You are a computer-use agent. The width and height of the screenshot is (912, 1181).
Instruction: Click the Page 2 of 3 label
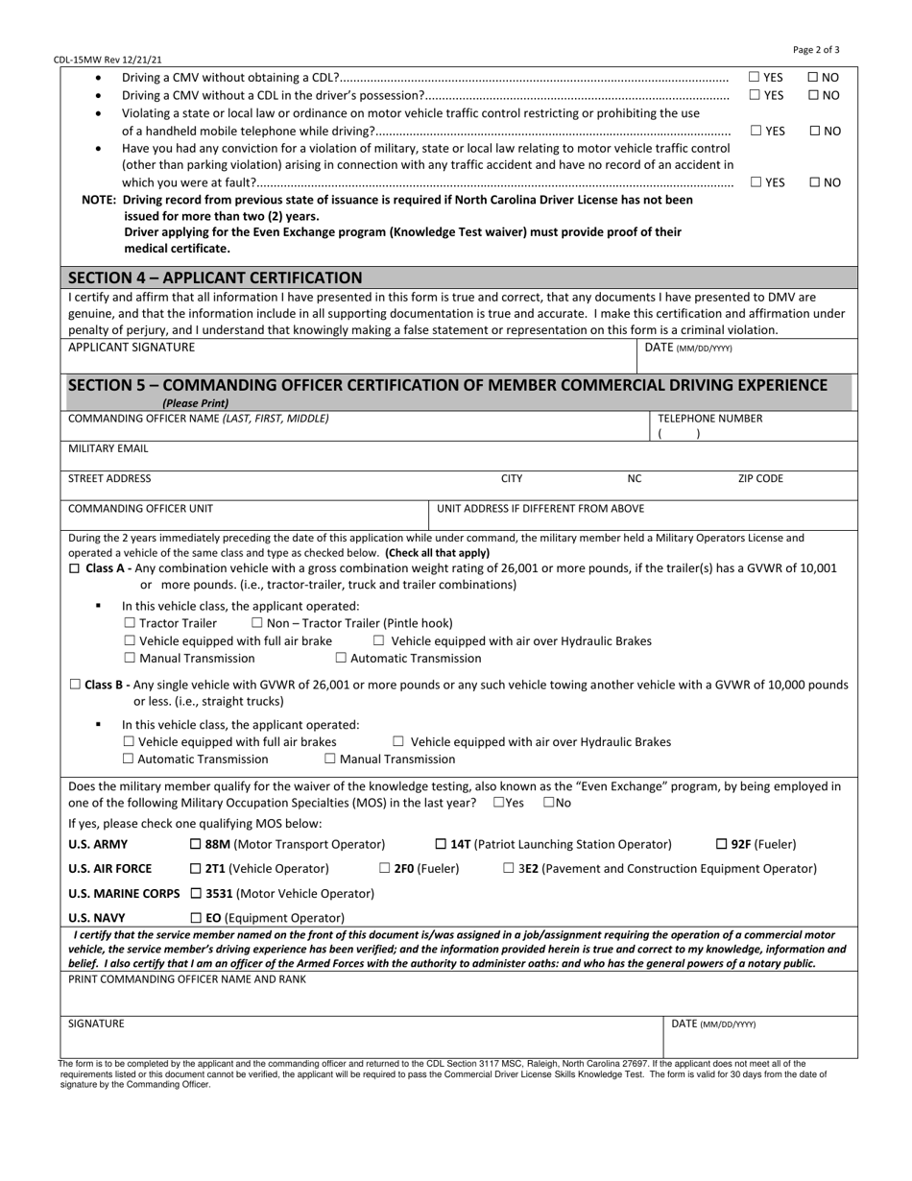(816, 50)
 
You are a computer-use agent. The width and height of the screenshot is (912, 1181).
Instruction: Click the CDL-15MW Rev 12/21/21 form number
(108, 60)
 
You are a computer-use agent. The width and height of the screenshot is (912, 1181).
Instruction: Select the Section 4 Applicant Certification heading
(215, 277)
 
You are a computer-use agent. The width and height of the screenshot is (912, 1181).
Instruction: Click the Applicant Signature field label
(131, 348)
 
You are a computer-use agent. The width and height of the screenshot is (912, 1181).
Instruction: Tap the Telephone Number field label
(709, 419)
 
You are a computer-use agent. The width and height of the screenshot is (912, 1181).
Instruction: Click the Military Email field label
(108, 448)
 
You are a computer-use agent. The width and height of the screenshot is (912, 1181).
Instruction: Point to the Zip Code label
(760, 478)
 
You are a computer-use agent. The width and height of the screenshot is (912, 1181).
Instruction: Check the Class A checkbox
(76, 568)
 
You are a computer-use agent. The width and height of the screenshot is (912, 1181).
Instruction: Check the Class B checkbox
(76, 685)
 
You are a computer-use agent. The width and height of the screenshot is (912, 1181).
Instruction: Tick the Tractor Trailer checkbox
(130, 623)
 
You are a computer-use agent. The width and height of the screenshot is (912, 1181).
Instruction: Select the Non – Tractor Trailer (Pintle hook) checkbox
(257, 623)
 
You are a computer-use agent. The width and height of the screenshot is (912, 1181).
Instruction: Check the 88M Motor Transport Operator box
(196, 844)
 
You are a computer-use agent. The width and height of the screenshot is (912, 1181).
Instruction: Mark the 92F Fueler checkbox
(722, 844)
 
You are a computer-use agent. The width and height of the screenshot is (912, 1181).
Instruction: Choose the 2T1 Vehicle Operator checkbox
(196, 868)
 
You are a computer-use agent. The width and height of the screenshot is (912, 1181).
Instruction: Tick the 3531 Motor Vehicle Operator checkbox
(196, 893)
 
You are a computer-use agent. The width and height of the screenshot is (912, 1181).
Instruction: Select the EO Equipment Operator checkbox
(196, 918)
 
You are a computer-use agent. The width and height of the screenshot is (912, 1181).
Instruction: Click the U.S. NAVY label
(96, 918)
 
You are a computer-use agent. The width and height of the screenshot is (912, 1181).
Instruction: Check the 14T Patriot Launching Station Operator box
(441, 844)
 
